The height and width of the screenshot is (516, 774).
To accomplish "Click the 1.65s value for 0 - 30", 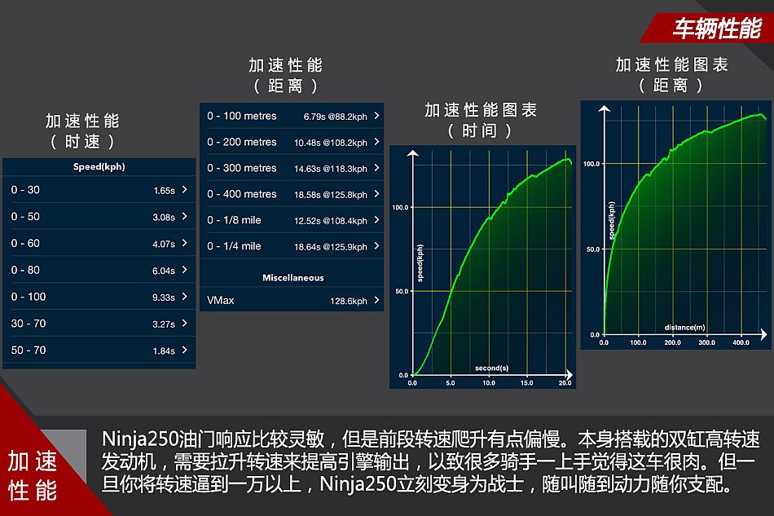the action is coord(164,191).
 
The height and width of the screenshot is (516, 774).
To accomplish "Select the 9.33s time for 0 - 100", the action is coord(164,298).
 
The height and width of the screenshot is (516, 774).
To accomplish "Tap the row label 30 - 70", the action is coord(29,324).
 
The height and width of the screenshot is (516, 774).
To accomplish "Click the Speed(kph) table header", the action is coord(99,167).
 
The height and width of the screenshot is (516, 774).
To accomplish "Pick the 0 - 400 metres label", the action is coord(242,194).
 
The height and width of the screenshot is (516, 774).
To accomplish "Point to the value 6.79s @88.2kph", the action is coord(335,117).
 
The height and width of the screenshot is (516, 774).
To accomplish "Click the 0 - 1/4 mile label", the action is coord(234,246).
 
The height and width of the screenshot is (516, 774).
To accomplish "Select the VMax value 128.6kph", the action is coord(349,301).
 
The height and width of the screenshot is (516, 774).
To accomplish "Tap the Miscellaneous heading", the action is coord(292,277).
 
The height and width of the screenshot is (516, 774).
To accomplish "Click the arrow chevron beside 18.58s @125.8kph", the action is coord(376,193).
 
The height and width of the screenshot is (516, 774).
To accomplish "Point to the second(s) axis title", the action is coord(491,368).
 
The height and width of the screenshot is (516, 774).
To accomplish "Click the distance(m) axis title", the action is coord(684,328).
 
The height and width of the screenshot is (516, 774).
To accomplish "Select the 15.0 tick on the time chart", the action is coord(526,382).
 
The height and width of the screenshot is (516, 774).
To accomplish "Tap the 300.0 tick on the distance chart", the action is coord(706,342).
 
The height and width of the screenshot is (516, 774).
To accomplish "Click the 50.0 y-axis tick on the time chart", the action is coord(402,291).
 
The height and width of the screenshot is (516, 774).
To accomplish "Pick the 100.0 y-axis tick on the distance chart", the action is coord(591,164).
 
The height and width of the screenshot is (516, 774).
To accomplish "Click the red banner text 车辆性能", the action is coord(717,29).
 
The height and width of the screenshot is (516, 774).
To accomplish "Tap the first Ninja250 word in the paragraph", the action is coord(139,439).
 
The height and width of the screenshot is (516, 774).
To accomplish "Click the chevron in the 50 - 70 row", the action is coord(185,350).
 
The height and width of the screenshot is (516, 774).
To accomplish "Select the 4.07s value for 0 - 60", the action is coord(164,244).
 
